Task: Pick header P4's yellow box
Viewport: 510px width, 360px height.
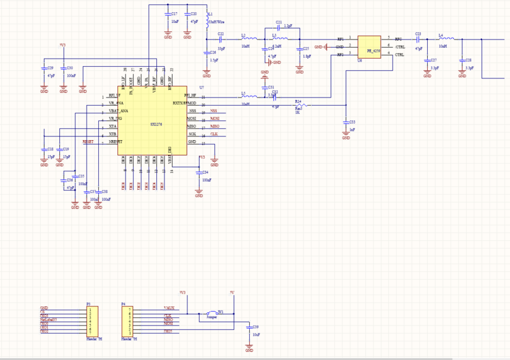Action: pyautogui.click(x=126, y=321)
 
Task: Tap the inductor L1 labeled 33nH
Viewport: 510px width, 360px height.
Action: pyautogui.click(x=207, y=19)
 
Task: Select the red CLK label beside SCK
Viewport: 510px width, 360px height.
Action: pyautogui.click(x=214, y=134)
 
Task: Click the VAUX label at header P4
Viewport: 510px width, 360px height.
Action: pyautogui.click(x=169, y=308)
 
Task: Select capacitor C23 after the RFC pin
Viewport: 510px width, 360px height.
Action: pyautogui.click(x=418, y=40)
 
